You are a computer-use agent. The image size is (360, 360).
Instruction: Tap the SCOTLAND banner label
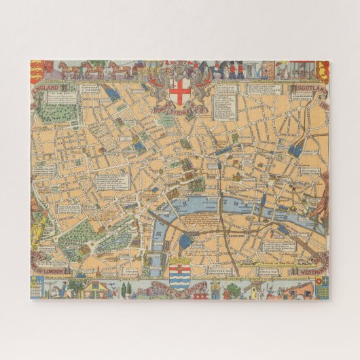[x=308, y=89]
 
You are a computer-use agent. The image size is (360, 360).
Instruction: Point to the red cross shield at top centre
[x=181, y=90]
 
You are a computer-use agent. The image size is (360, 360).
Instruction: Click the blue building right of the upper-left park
[x=113, y=96]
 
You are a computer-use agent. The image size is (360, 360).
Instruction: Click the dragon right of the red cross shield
[x=202, y=87]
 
